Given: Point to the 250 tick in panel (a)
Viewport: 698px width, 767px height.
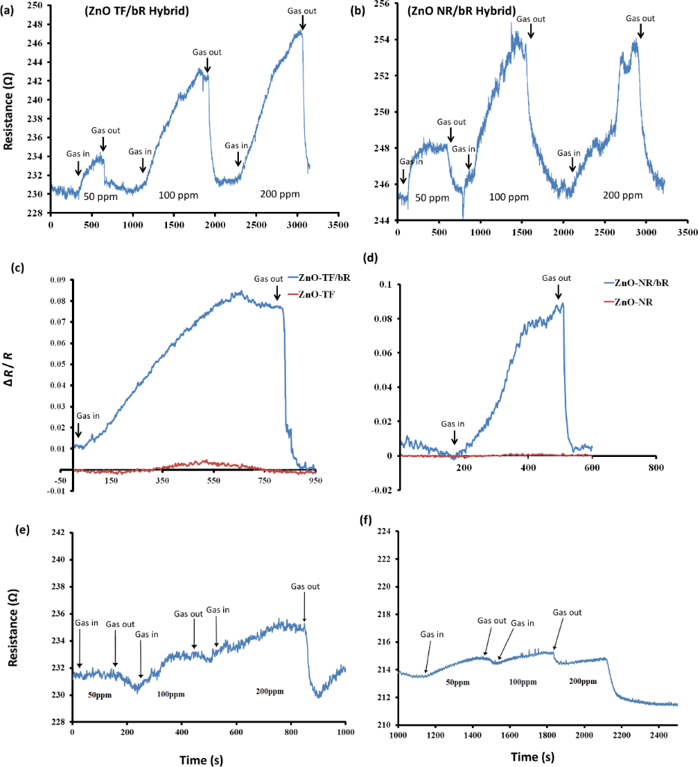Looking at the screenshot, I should (x=35, y=5).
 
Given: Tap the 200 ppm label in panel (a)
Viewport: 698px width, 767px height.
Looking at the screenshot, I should (x=280, y=195).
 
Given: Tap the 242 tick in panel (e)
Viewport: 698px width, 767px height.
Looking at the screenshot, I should (x=58, y=533).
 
